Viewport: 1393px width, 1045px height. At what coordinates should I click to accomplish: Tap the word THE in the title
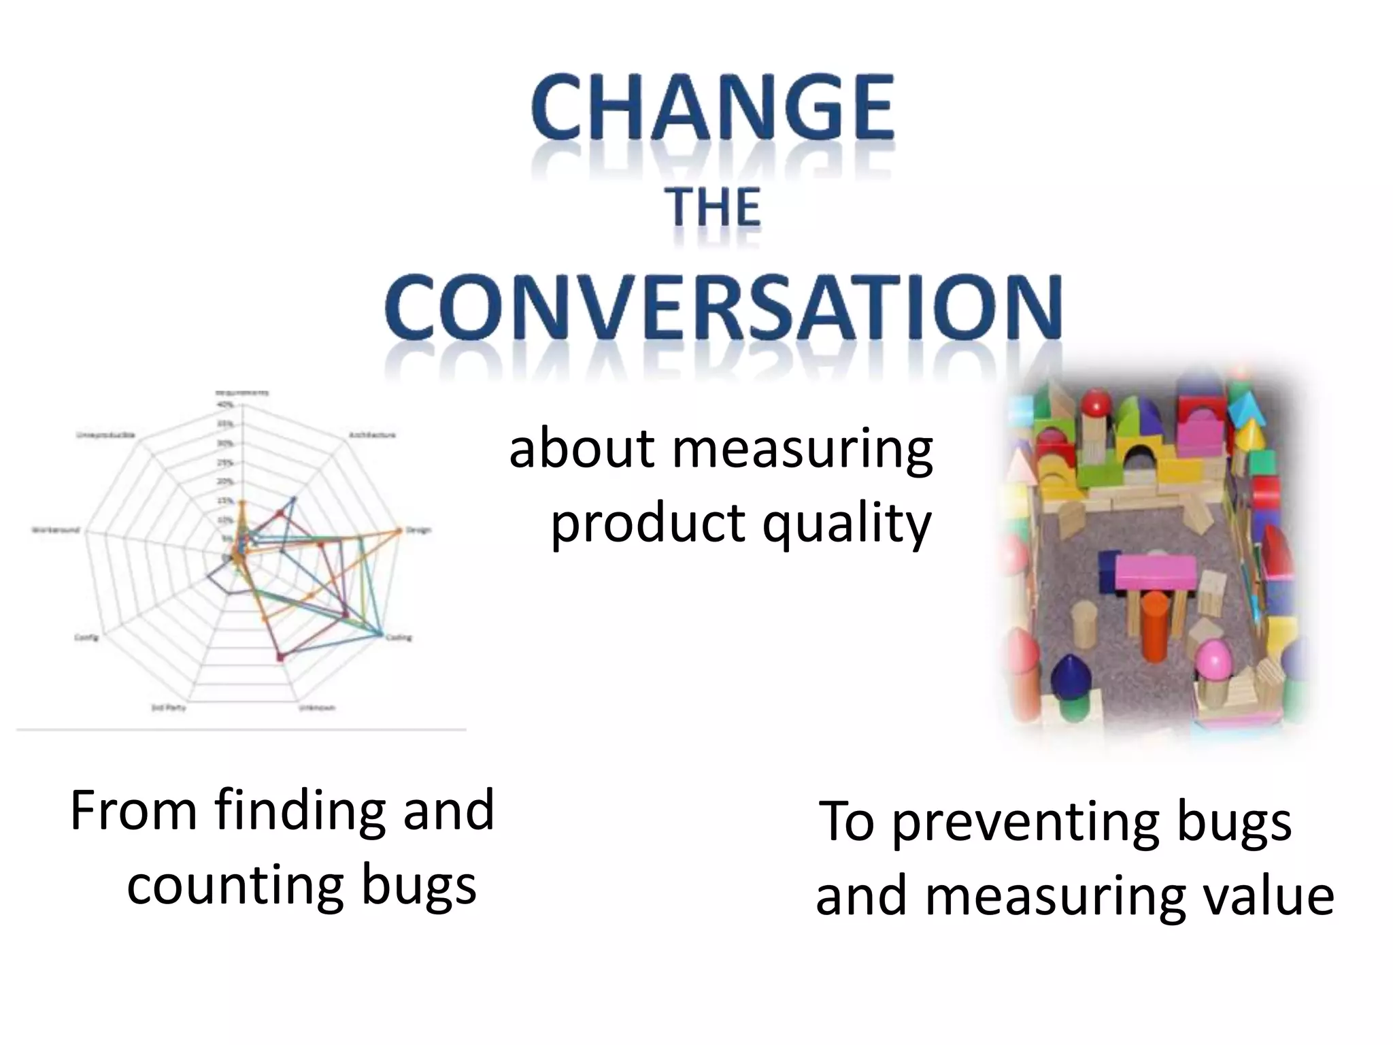[714, 208]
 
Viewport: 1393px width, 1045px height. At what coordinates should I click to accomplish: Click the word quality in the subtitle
[846, 525]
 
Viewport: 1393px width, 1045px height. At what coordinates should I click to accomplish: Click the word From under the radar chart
[133, 811]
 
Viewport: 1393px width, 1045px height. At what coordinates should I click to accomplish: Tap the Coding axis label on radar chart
[399, 637]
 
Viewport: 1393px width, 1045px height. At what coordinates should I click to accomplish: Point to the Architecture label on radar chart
[372, 435]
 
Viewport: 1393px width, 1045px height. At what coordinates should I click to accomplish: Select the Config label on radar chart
[86, 637]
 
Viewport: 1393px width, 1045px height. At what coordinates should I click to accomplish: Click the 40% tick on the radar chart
[226, 405]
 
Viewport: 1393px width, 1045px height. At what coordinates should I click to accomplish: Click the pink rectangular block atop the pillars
[1156, 572]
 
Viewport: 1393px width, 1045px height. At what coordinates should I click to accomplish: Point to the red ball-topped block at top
[1096, 404]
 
